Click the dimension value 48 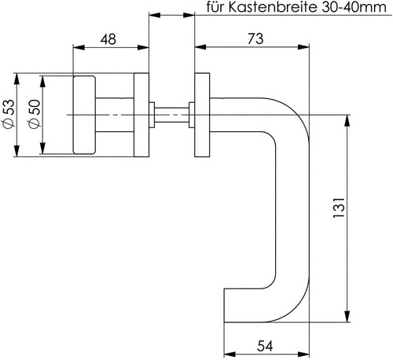(x=108, y=39)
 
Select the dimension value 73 (x=255, y=39)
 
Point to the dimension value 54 (x=265, y=346)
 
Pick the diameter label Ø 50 (x=35, y=114)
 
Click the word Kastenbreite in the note (x=273, y=7)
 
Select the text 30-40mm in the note (x=354, y=7)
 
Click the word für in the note (x=215, y=7)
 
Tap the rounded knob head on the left (x=84, y=115)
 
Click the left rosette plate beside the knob (x=141, y=115)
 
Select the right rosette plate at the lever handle (x=202, y=115)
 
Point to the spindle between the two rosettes (x=171, y=115)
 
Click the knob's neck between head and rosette (x=115, y=115)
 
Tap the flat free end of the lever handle (x=224, y=305)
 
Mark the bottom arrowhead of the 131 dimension (x=347, y=317)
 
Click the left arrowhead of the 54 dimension (x=230, y=354)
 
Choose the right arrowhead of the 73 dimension (x=303, y=47)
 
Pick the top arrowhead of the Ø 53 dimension (x=17, y=79)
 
